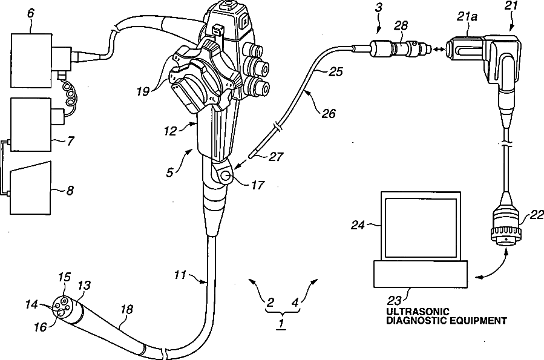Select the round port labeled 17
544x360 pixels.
224,177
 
